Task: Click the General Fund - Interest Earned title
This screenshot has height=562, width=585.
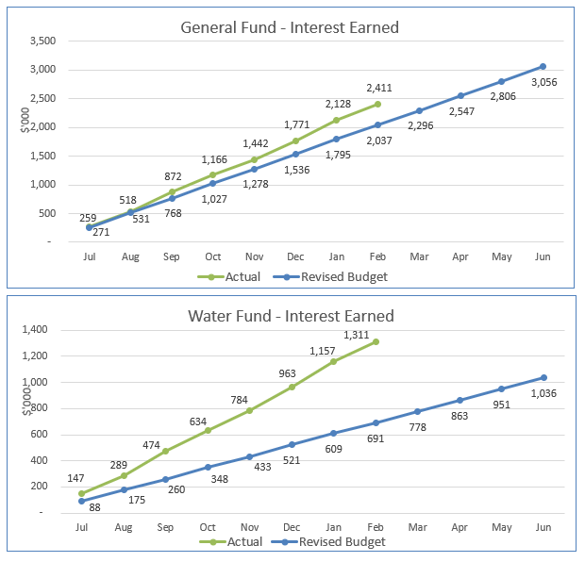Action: [x=290, y=27]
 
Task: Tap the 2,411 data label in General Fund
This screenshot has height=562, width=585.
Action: [x=379, y=89]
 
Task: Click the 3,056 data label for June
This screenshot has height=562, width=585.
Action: [x=544, y=83]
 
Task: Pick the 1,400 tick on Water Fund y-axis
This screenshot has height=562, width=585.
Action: [x=44, y=330]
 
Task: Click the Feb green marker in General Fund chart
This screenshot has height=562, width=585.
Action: [x=377, y=104]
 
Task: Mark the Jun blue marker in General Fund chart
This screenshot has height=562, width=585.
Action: [x=543, y=66]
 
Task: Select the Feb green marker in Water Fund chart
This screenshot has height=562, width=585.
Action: [x=376, y=341]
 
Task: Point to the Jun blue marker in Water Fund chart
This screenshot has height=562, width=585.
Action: [x=543, y=378]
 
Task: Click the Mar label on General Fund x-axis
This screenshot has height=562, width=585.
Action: [x=419, y=256]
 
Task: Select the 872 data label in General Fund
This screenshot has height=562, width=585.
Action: [x=173, y=176]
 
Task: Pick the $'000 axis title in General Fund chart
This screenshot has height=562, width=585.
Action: [x=25, y=120]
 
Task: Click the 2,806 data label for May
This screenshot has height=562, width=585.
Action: [x=502, y=96]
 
